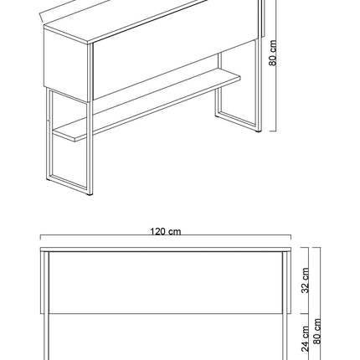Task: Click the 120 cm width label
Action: point(166,232)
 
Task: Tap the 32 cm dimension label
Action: point(306,280)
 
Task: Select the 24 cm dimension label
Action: point(306,338)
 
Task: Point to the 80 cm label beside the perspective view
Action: point(273,53)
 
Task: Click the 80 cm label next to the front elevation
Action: point(316,332)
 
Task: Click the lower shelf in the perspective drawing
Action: point(147,108)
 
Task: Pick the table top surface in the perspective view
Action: point(126,21)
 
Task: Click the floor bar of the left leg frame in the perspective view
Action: point(69,183)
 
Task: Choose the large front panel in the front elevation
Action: point(166,282)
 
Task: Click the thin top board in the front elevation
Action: point(166,249)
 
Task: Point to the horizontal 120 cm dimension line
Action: point(166,235)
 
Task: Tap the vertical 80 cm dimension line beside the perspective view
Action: point(275,65)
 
